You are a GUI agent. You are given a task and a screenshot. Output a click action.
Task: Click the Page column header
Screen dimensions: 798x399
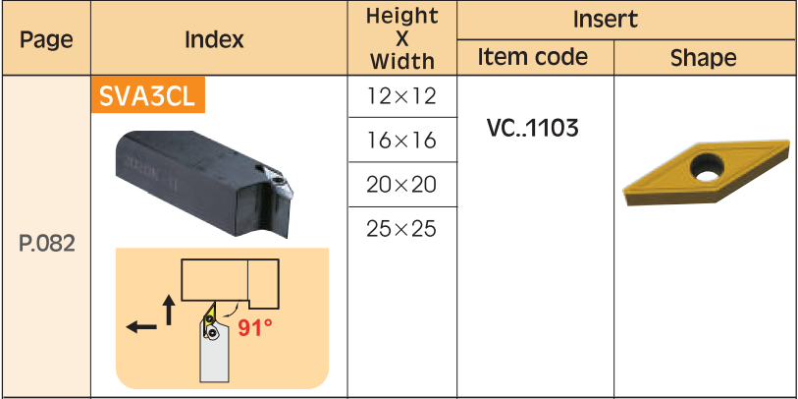[x=46, y=39]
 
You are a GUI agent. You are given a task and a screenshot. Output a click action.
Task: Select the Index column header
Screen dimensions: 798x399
[x=214, y=38]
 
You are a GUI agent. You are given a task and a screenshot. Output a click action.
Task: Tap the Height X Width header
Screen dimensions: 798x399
[x=402, y=38]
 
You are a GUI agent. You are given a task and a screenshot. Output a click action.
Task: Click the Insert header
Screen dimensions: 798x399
[x=605, y=20]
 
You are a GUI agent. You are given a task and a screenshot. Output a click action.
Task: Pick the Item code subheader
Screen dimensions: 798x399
[x=532, y=57]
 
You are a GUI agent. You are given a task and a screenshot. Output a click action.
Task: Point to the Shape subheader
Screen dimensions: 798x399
[x=703, y=58]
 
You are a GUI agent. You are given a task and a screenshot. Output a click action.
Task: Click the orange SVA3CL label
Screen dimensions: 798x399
[x=147, y=94]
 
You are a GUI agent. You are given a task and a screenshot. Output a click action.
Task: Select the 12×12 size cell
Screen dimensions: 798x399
[x=401, y=95]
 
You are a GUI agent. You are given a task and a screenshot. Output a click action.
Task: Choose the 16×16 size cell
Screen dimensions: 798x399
[x=401, y=141]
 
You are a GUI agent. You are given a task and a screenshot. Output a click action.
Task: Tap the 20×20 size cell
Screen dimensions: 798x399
[x=401, y=185]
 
